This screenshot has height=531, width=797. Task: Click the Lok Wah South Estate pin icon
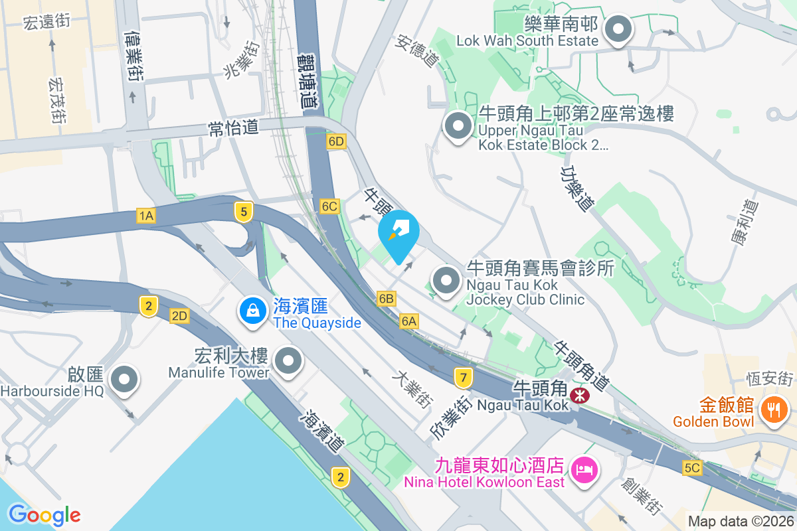pyautogui.click(x=619, y=31)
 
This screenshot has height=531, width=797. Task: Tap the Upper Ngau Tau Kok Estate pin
pyautogui.click(x=458, y=128)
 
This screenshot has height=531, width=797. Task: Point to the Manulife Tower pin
pyautogui.click(x=288, y=362)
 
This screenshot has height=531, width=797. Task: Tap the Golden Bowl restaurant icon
pyautogui.click(x=773, y=407)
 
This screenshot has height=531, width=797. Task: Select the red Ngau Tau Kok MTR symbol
pyautogui.click(x=580, y=396)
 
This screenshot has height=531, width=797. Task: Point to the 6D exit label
pyautogui.click(x=337, y=141)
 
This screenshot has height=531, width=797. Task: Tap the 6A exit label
pyautogui.click(x=409, y=321)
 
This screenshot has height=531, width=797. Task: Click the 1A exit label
pyautogui.click(x=146, y=215)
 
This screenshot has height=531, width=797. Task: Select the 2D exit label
pyautogui.click(x=179, y=316)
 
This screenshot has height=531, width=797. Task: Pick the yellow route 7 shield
pyautogui.click(x=464, y=378)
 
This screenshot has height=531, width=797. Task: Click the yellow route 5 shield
pyautogui.click(x=244, y=212)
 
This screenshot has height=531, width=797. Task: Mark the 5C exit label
pyautogui.click(x=692, y=468)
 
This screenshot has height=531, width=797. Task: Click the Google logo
pyautogui.click(x=44, y=514)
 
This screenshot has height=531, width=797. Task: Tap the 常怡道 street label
pyautogui.click(x=233, y=127)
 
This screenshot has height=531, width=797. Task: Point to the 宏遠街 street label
pyautogui.click(x=46, y=22)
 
